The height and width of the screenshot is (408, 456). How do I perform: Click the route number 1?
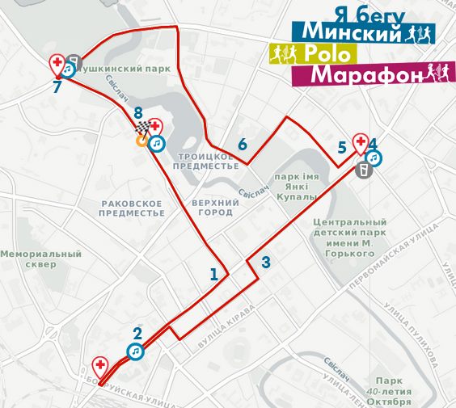point(214,274)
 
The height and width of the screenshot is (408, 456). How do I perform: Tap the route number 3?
point(266,262)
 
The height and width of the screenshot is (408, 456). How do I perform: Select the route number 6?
point(242,145)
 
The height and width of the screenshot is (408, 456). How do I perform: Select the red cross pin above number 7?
point(57,62)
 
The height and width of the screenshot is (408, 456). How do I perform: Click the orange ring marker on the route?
point(141,141)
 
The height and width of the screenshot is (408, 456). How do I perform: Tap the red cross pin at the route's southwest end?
point(100,365)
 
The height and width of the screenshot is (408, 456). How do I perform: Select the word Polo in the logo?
point(327,54)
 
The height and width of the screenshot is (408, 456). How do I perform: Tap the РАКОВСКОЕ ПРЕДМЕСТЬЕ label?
point(131,208)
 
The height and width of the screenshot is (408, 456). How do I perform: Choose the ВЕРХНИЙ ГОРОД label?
point(213,207)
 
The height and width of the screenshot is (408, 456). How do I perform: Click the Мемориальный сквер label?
point(40,259)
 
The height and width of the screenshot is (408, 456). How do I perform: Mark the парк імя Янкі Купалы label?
point(293,185)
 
